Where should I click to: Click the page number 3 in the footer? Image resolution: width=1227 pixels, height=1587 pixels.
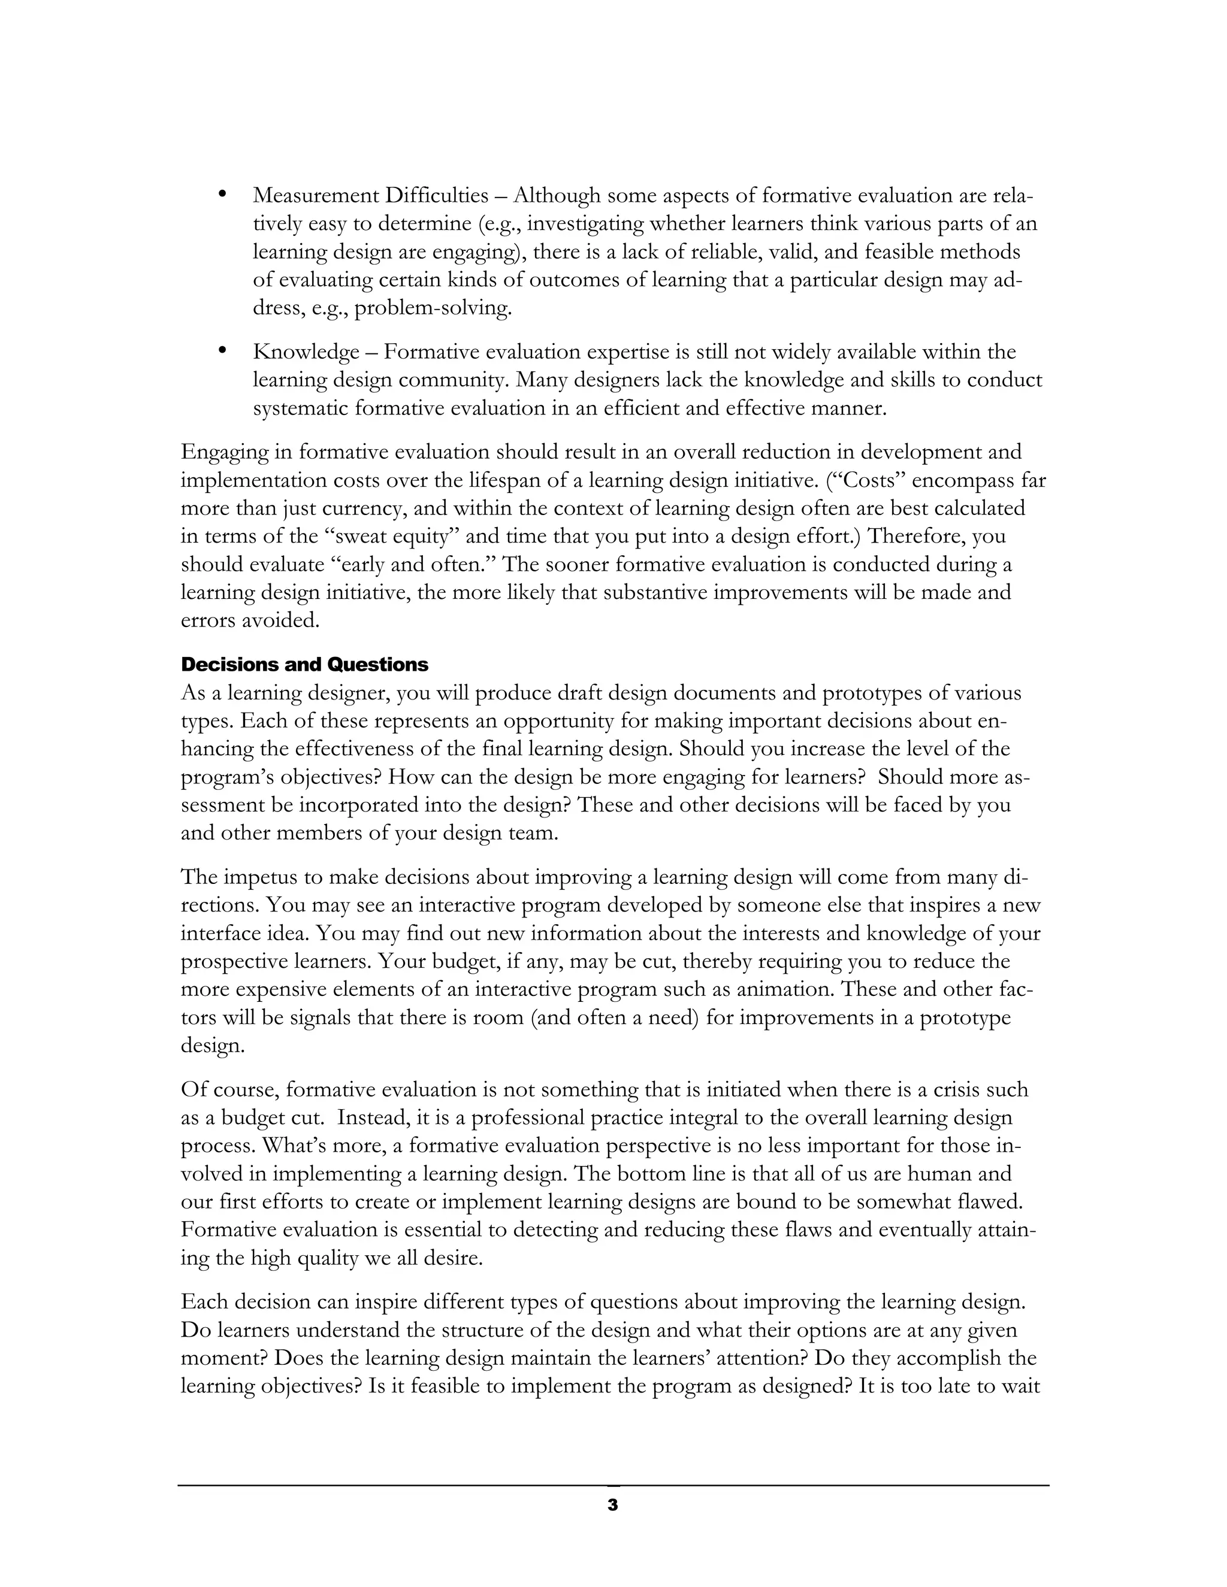pyautogui.click(x=612, y=1505)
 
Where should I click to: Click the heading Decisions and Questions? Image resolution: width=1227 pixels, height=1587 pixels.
pyautogui.click(x=304, y=664)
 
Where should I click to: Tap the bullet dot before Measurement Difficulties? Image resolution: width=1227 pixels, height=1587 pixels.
pyautogui.click(x=223, y=194)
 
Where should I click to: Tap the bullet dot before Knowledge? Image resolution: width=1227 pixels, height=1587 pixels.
pyautogui.click(x=223, y=351)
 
